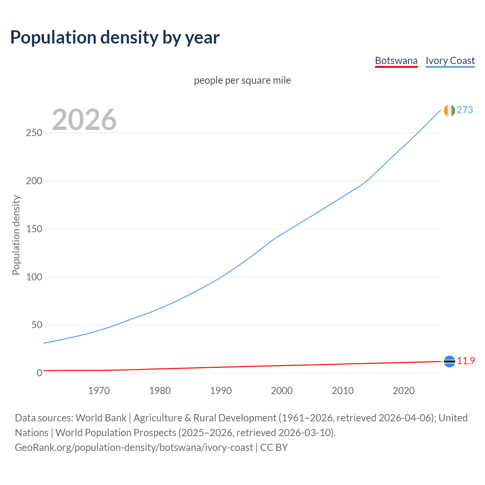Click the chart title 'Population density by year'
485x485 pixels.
point(115,38)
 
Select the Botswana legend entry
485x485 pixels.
point(396,61)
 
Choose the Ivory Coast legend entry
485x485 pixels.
point(450,61)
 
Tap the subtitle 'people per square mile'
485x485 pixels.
point(242,80)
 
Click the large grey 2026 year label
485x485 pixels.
point(84,120)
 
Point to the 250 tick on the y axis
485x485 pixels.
point(34,133)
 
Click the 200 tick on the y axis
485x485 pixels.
point(34,181)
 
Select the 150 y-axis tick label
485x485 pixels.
point(34,229)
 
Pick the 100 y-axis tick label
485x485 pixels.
point(34,277)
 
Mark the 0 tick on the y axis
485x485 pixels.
point(39,373)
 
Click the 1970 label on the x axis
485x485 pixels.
point(99,391)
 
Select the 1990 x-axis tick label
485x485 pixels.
point(221,391)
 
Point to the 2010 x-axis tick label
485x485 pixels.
point(343,391)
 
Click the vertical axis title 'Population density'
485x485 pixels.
point(16,235)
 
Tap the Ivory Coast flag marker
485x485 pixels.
point(449,110)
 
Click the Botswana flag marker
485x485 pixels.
point(449,361)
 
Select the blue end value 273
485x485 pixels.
point(465,110)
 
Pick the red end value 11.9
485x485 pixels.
point(466,361)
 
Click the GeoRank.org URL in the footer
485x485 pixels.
point(134,447)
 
